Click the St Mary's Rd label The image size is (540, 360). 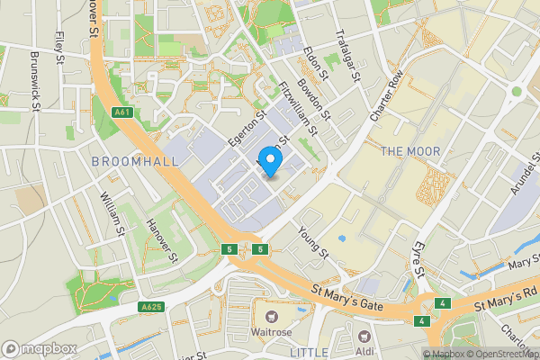tap(508, 297)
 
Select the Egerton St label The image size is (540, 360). tap(248, 128)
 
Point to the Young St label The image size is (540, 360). tap(314, 242)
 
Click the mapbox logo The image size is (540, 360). tap(40, 348)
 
